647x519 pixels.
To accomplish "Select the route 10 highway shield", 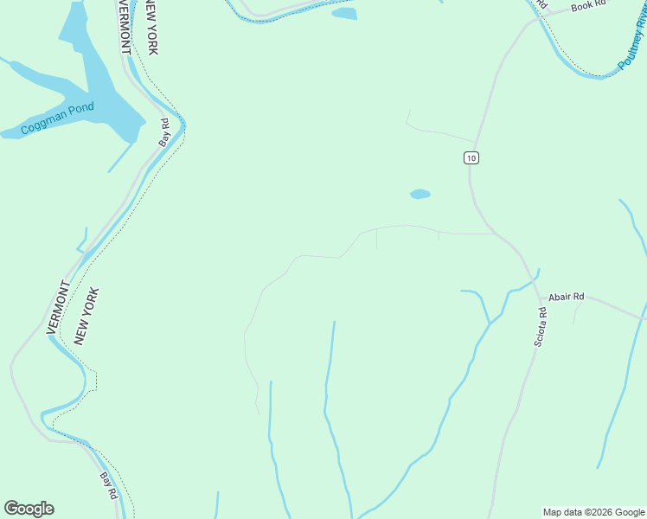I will [470, 157].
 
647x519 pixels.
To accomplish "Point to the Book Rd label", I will [590, 7].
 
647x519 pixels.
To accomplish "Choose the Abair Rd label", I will [567, 297].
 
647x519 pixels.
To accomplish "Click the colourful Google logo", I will [29, 509].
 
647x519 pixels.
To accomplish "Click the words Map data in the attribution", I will [561, 512].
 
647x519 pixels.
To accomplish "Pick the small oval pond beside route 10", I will [420, 194].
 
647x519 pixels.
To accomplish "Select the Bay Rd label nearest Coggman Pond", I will [163, 132].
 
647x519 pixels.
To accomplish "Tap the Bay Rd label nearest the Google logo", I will [107, 484].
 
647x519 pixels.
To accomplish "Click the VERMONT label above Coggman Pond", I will [123, 28].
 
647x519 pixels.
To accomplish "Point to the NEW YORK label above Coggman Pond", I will [151, 28].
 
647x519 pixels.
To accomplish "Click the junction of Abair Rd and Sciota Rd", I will [541, 298].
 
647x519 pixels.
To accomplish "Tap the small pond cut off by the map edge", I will [344, 13].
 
